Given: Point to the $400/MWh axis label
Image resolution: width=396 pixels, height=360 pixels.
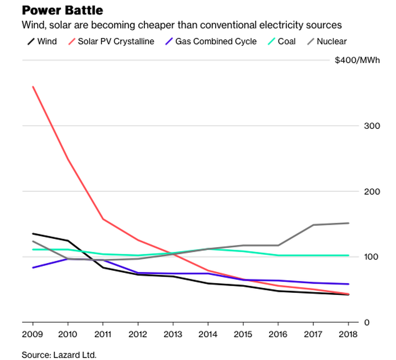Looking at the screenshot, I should (x=357, y=60).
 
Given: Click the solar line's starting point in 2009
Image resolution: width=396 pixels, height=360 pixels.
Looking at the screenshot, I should (x=32, y=87).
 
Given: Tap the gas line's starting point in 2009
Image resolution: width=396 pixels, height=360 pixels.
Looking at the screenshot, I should (x=32, y=268).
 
